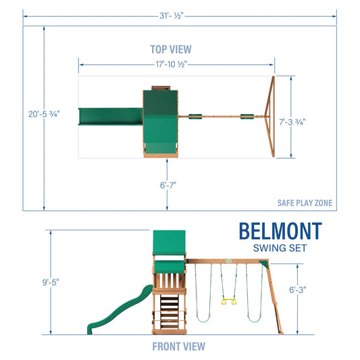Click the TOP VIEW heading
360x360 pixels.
tap(170, 49)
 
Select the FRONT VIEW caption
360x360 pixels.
tap(178, 346)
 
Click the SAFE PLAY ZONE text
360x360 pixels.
tap(305, 203)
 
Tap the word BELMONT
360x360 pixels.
tap(280, 231)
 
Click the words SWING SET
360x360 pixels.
tap(280, 248)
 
